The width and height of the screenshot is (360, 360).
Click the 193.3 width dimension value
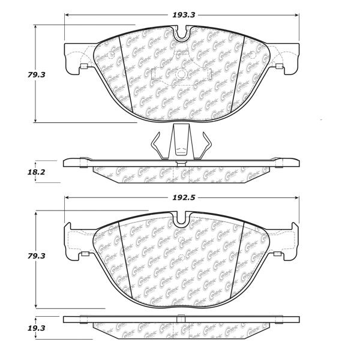tap(184, 15)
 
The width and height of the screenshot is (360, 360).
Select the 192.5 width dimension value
tap(184, 197)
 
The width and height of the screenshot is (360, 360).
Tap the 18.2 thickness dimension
tap(36, 172)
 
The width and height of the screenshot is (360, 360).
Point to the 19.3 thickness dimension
tap(36, 328)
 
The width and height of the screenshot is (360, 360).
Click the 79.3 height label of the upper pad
tap(36, 75)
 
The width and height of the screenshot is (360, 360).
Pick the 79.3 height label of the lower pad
tap(36, 256)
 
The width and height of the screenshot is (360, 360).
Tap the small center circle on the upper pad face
tap(181, 74)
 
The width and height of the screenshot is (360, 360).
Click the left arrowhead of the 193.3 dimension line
tap(67, 15)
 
